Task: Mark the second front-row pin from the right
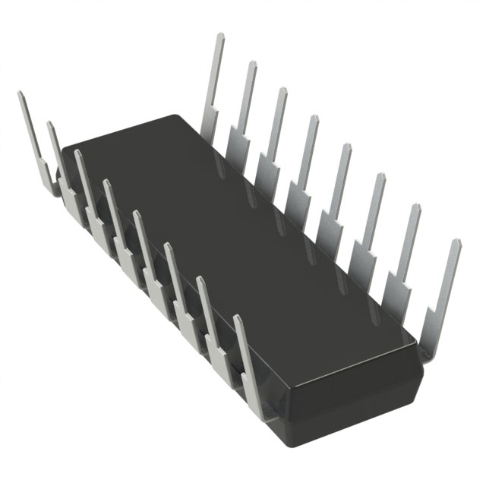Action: [x=209, y=311]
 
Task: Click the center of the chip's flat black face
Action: [x=243, y=243]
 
